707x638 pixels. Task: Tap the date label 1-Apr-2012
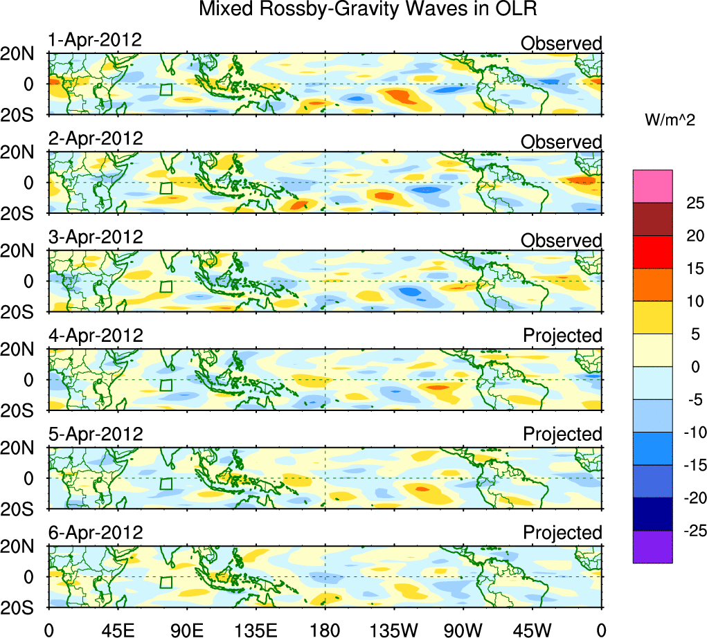click(x=95, y=40)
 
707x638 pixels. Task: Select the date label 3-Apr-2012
click(x=95, y=237)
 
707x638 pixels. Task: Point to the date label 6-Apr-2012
click(x=95, y=533)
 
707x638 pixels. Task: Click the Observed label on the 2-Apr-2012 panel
click(x=562, y=142)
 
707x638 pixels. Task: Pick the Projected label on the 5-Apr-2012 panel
click(x=562, y=435)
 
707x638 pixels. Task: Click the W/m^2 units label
click(x=670, y=120)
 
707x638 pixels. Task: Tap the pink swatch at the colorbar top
click(x=652, y=186)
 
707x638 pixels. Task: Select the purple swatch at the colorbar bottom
click(x=652, y=547)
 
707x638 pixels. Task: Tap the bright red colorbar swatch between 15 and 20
click(x=652, y=251)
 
